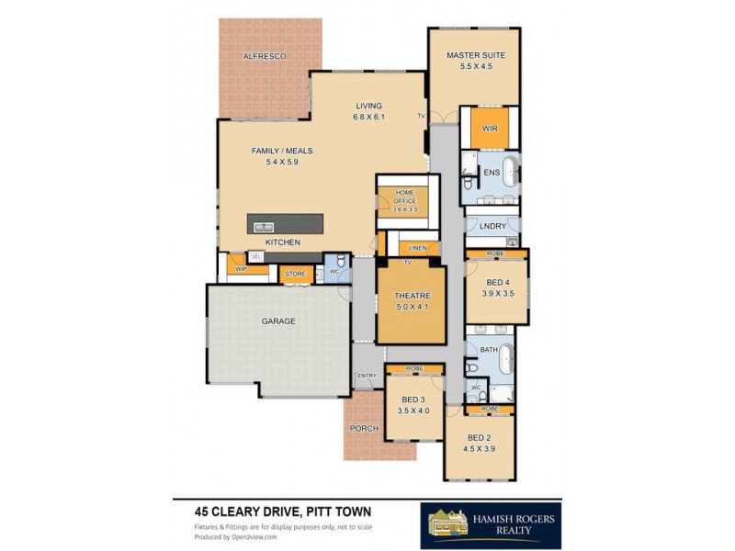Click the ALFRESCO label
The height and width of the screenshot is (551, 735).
coord(265,57)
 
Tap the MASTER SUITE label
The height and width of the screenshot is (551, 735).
coord(476,55)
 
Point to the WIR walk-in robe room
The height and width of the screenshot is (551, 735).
coord(490,129)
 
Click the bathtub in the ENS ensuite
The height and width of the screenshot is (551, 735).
coord(509,172)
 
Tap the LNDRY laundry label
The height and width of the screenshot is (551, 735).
coord(492,226)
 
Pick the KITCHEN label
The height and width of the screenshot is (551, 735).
coord(283,242)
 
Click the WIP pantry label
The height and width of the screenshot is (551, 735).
coord(241,269)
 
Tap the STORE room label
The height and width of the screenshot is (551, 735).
coord(295,274)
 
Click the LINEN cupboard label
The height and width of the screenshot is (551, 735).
coord(418,248)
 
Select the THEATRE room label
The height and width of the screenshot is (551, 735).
coord(412,296)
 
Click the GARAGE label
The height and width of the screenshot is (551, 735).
coord(278,321)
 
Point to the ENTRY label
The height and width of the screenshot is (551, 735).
coord(367,376)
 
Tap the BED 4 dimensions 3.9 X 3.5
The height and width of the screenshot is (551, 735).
coord(498,295)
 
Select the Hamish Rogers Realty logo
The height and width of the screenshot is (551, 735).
coord(491,525)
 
